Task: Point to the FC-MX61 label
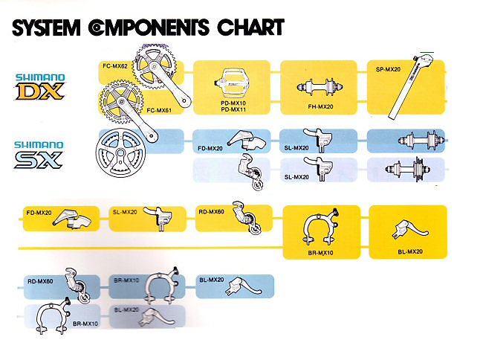(160, 110)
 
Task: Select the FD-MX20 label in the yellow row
(39, 212)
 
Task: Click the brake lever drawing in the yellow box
(407, 228)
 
